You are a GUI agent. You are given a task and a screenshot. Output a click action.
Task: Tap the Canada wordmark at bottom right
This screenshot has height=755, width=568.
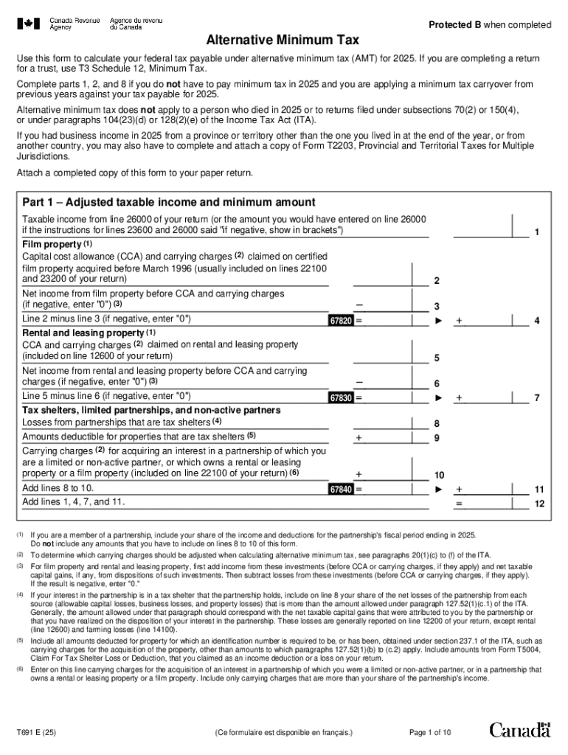coord(519,730)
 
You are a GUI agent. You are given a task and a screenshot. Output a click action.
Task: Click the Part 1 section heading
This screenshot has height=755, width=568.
coord(169,202)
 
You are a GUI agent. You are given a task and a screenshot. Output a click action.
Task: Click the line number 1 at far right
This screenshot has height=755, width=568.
coord(537,232)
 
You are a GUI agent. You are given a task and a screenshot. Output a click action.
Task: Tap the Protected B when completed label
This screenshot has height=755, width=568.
coord(490,25)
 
